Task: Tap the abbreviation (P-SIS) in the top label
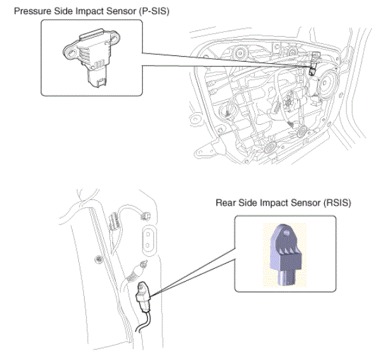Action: point(154,11)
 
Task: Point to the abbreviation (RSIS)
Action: point(337,203)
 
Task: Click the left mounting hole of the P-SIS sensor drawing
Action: point(72,53)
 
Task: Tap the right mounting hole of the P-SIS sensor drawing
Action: point(114,38)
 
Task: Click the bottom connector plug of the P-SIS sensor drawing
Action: point(97,78)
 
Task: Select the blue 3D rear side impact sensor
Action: point(286,255)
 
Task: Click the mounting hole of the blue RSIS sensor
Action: point(286,233)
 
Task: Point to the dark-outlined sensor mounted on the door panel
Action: point(315,64)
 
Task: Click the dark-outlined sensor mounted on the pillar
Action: point(143,297)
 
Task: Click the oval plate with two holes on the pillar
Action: point(149,240)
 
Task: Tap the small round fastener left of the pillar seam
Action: point(99,259)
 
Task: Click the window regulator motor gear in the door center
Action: point(288,101)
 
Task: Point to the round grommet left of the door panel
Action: point(195,120)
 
